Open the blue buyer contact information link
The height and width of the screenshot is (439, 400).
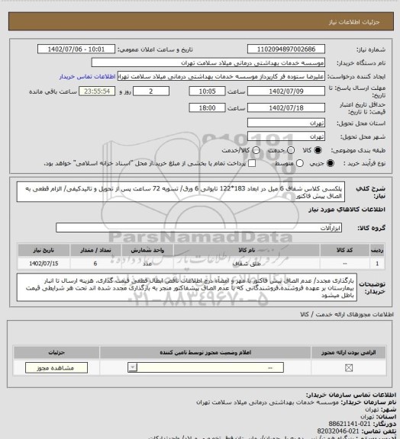click(89, 76)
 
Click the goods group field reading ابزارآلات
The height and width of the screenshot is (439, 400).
click(199, 227)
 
